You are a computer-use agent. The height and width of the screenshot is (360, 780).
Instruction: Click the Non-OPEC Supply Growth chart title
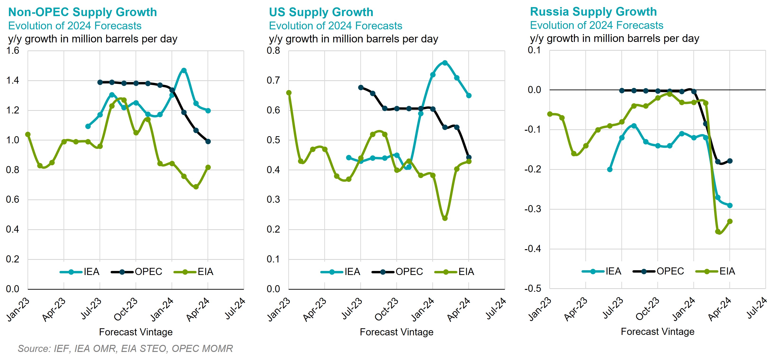point(82,12)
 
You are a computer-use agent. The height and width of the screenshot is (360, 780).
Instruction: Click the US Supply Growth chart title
point(321,12)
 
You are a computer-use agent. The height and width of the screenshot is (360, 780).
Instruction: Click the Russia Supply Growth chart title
point(593,12)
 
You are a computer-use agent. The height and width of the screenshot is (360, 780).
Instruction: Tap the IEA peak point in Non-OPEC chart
point(184,71)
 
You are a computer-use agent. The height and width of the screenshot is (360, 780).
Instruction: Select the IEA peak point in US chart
point(445,63)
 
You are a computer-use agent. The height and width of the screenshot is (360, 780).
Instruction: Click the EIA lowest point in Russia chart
point(718,232)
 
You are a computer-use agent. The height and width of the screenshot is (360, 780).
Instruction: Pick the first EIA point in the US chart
point(289,93)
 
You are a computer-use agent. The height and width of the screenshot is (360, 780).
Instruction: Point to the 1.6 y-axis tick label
point(13,50)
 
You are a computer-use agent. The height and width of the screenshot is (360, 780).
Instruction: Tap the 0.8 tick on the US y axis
point(273,50)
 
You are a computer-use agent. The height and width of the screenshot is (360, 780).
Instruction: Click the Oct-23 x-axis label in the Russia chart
point(647,309)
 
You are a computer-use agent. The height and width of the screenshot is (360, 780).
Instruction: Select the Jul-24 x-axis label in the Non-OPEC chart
point(235,309)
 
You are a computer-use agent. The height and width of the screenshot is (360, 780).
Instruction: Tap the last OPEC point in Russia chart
point(730,161)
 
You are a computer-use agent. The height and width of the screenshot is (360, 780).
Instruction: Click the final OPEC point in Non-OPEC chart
point(208,141)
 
